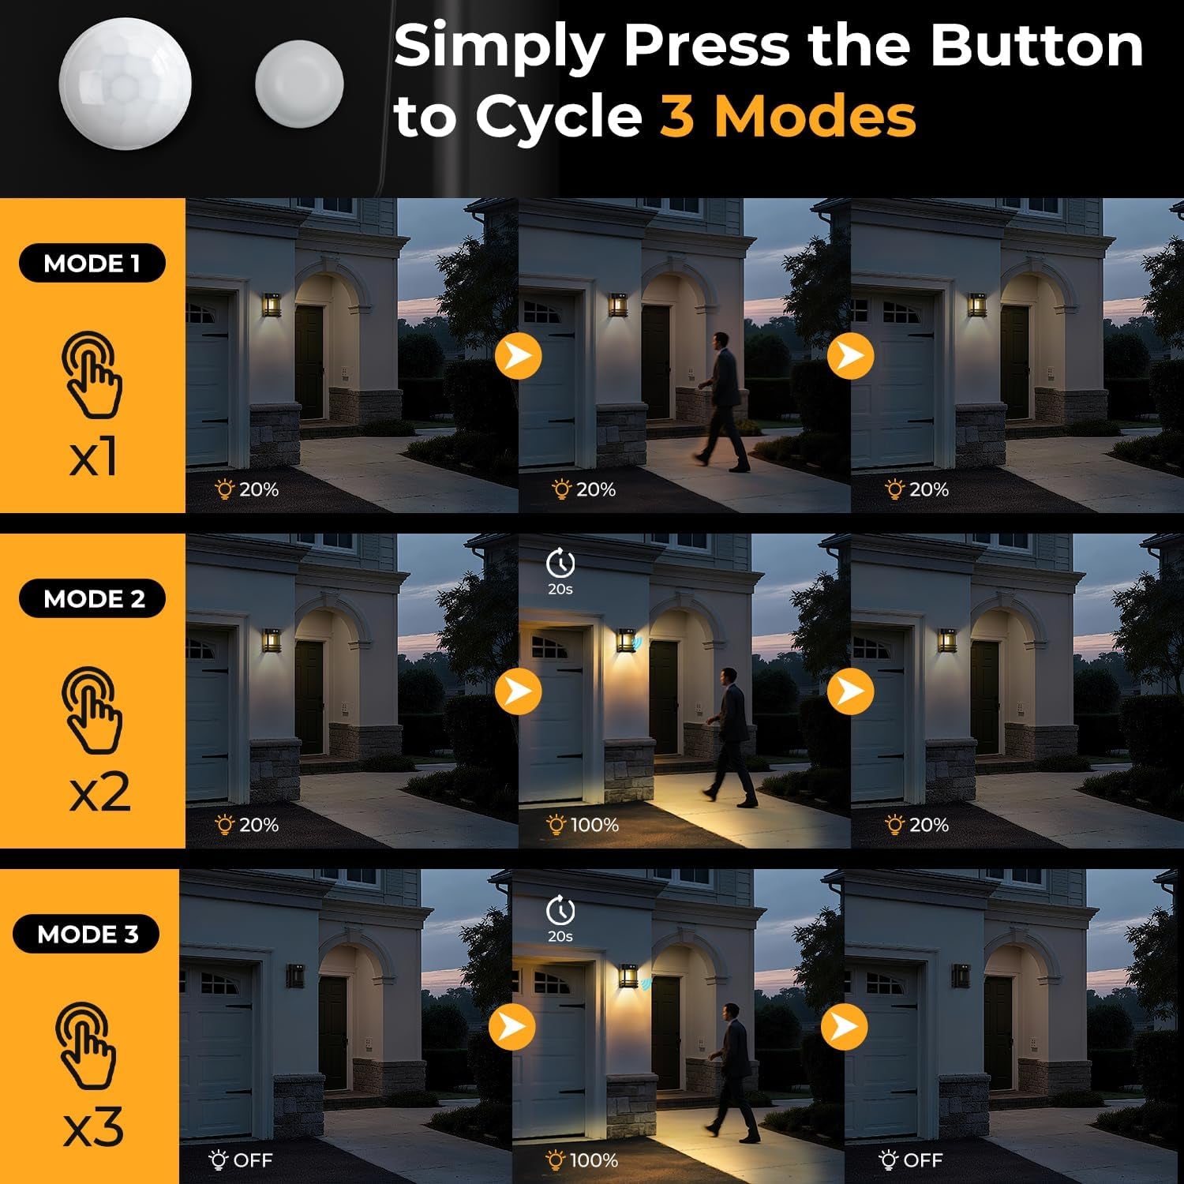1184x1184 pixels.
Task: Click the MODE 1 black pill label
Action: coord(92,264)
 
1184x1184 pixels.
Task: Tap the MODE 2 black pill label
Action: coord(92,599)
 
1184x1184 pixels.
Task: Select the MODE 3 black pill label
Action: coord(86,935)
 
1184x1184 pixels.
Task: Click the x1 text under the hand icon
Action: coord(94,457)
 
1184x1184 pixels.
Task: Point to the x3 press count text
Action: coord(93,1127)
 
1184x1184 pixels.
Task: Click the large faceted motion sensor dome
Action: coord(125,84)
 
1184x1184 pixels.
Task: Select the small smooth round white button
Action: coord(299,84)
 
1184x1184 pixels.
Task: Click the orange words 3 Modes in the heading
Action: coord(787,116)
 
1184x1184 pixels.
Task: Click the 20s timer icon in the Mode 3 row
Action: coord(560,919)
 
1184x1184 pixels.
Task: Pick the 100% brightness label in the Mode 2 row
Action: coord(583,825)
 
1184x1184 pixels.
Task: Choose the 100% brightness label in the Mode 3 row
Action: coord(583,1160)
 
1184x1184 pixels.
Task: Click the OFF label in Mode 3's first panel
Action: coord(241,1160)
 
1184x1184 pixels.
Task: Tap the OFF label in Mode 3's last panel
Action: coord(910,1160)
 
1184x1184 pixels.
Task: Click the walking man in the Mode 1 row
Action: coord(722,402)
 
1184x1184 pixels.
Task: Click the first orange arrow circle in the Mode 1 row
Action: coord(519,355)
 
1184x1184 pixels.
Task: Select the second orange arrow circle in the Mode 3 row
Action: coord(845,1026)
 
